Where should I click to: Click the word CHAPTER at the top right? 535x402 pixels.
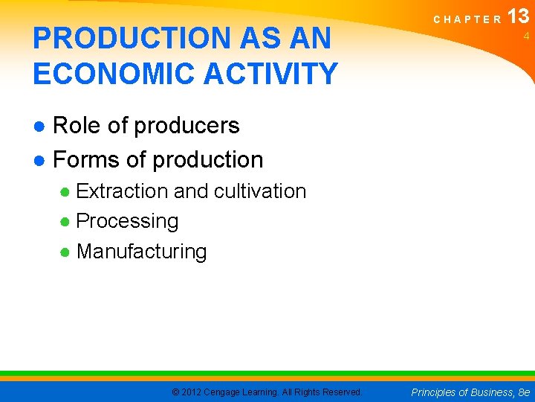pos(467,20)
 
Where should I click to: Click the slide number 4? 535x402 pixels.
pos(525,36)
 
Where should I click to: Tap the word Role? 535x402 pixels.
pos(78,126)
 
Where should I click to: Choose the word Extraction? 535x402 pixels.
pos(122,191)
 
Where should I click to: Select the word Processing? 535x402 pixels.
pos(127,221)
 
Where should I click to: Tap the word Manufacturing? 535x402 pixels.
pos(141,252)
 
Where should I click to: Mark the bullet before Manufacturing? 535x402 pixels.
pos(65,252)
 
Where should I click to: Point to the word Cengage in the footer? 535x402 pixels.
pos(227,392)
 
